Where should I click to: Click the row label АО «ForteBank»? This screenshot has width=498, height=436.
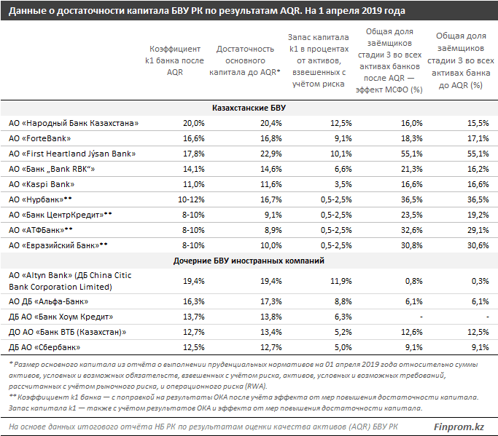pos(39,138)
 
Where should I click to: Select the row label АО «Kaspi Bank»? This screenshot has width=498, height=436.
pos(42,184)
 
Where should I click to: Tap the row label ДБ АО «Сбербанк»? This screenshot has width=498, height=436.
pos(44,347)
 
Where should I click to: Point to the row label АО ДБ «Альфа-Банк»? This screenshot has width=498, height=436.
pos(49,301)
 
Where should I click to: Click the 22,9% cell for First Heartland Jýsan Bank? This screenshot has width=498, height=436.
pos(271,154)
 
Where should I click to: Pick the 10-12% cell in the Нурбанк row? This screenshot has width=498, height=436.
pos(191,199)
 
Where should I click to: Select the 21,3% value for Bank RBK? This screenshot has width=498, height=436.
pos(412,169)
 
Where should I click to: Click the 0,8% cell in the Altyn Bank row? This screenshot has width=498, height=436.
pos(414,281)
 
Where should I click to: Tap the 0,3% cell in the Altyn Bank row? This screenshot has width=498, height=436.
pos(481,281)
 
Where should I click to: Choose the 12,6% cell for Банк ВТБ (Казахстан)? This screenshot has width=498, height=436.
pos(412,332)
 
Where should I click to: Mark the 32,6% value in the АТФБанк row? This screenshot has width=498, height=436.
pos(412,230)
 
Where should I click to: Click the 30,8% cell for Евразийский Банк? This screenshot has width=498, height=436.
pos(412,245)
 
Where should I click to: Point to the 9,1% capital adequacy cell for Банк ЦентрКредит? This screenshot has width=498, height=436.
pos(273,215)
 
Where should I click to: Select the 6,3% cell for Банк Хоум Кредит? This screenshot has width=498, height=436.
pos(343,317)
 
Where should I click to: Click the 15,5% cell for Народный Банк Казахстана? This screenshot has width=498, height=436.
pos(478,123)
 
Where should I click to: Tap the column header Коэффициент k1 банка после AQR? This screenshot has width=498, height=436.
pos(175,60)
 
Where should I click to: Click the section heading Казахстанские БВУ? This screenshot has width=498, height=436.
pos(249,108)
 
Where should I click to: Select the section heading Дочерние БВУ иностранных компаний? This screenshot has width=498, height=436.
pos(249,261)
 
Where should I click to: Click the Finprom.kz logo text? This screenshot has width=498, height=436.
pos(459,427)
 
